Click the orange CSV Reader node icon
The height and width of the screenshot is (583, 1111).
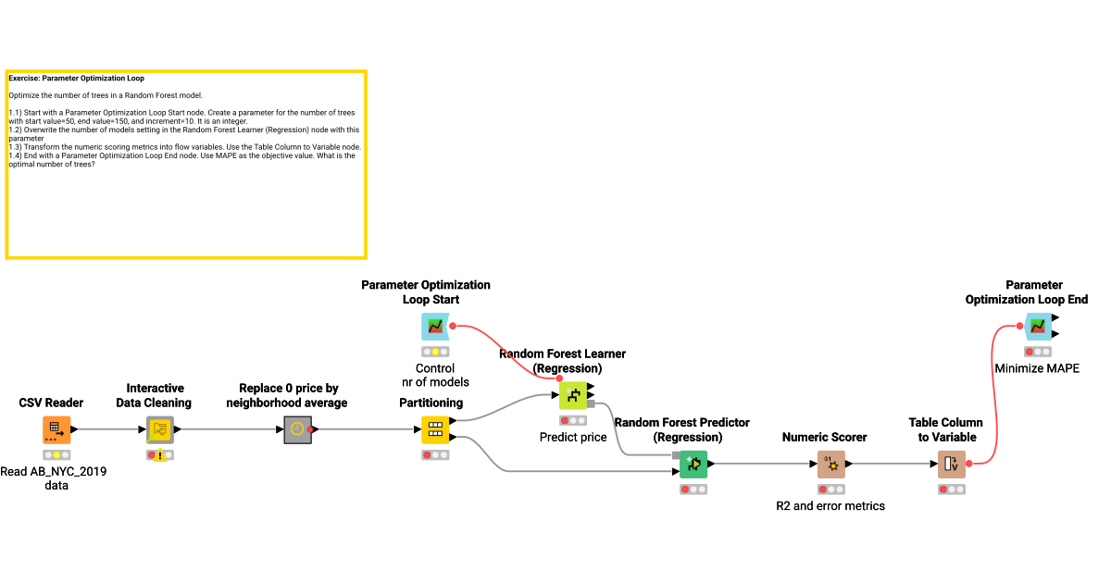pos(56,429)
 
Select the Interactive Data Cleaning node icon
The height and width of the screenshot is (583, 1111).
pos(160,429)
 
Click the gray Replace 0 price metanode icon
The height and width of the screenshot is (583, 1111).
pos(297,429)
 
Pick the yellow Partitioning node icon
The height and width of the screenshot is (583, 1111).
pos(435,429)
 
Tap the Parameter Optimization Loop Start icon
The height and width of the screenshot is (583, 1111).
pos(435,327)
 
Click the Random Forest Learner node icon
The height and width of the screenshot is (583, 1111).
pos(573,395)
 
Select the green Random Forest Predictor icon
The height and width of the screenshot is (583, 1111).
pos(693,464)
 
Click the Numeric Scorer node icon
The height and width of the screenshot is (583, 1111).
pos(830,464)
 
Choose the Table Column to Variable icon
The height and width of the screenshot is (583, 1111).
pos(951,464)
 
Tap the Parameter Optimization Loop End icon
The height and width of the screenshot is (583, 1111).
pos(1037,327)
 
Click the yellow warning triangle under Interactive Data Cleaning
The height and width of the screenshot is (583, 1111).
pos(160,456)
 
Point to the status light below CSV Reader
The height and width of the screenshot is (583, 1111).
pos(56,455)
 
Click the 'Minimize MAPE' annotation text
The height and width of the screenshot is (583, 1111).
pos(1037,368)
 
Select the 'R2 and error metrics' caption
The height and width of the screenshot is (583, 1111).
pos(830,506)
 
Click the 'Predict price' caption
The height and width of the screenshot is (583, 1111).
pos(573,437)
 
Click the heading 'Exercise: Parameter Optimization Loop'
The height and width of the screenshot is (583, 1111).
pos(76,79)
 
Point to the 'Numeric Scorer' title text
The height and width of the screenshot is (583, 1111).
pos(824,437)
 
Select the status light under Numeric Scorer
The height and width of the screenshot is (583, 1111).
pos(830,490)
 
